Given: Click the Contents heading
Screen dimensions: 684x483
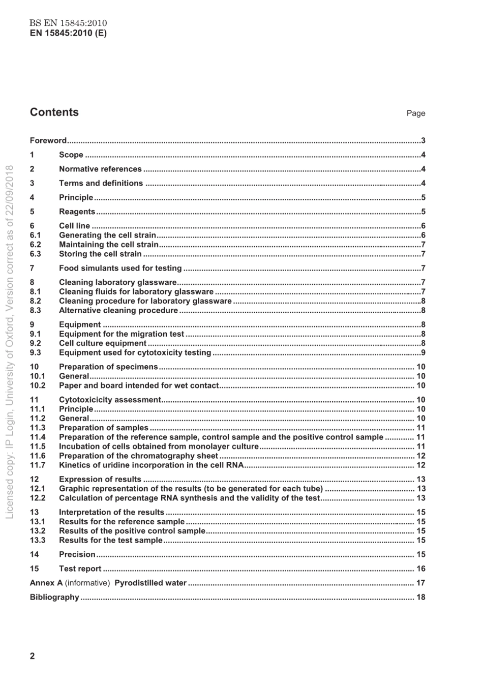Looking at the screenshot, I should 54,112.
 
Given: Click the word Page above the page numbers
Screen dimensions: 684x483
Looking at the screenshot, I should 415,113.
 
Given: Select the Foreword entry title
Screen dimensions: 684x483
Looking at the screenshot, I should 48,141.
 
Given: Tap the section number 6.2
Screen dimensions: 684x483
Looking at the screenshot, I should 36,245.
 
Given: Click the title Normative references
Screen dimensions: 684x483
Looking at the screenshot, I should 100,169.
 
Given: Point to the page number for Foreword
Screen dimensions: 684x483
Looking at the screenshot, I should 423,141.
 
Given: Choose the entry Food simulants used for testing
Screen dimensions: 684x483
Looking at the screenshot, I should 120,269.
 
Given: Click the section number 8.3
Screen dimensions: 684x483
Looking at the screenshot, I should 36,311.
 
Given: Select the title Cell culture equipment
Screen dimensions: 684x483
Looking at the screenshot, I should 103,344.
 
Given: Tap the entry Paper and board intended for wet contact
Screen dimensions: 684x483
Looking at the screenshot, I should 139,386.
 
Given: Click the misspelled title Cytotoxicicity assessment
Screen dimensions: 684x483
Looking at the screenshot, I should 110,400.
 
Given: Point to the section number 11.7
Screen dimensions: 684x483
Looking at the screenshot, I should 38,465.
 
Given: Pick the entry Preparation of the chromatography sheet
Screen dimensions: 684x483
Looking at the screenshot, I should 138,456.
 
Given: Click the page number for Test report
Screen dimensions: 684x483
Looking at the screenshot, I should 421,569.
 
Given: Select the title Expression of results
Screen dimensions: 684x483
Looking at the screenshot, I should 100,480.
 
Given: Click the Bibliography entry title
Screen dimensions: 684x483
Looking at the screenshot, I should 54,598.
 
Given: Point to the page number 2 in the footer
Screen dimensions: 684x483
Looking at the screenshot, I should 33,656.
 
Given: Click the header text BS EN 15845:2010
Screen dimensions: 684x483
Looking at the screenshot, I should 68,23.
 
